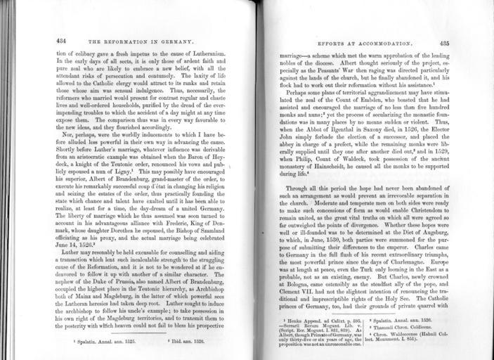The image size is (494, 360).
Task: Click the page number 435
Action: tap(444, 42)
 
